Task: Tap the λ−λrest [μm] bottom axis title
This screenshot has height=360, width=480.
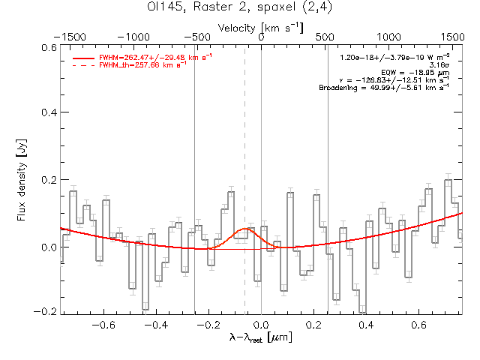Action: pos(260,338)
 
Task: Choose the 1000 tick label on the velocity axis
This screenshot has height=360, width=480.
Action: pos(388,36)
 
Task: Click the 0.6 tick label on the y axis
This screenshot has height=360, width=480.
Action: pos(48,46)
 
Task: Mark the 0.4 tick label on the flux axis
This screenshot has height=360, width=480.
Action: pos(48,112)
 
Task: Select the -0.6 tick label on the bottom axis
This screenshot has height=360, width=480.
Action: pos(101,325)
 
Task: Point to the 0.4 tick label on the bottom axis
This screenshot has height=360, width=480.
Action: pos(367,325)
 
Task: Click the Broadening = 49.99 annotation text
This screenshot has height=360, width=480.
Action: pos(384,87)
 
